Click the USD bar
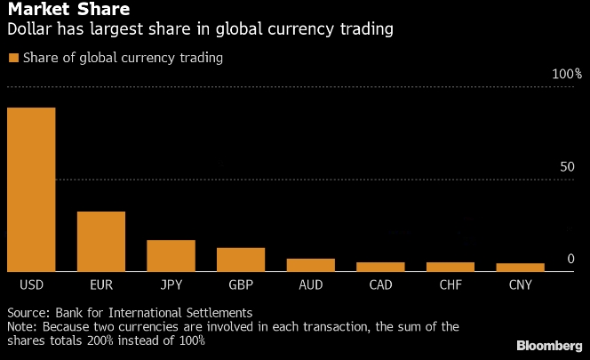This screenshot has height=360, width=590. coord(31,189)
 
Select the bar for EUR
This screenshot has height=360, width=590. coord(100,241)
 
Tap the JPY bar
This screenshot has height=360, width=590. coord(171,255)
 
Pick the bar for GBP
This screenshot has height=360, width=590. coord(241,260)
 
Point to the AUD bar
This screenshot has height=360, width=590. coord(310,265)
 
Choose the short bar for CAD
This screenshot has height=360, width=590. coord(380,267)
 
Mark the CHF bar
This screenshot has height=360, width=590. coord(450,267)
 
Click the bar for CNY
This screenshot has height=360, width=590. coord(520,267)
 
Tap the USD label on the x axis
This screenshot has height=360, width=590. coord(31,286)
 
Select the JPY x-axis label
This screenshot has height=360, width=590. coord(171,286)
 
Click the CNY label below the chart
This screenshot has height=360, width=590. coord(520,286)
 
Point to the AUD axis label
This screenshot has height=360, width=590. coord(310,286)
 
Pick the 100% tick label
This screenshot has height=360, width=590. coord(566,74)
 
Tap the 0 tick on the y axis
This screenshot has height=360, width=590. coord(571,259)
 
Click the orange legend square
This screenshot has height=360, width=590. coord(12,58)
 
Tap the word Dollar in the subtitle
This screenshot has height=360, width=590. coord(29,30)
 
